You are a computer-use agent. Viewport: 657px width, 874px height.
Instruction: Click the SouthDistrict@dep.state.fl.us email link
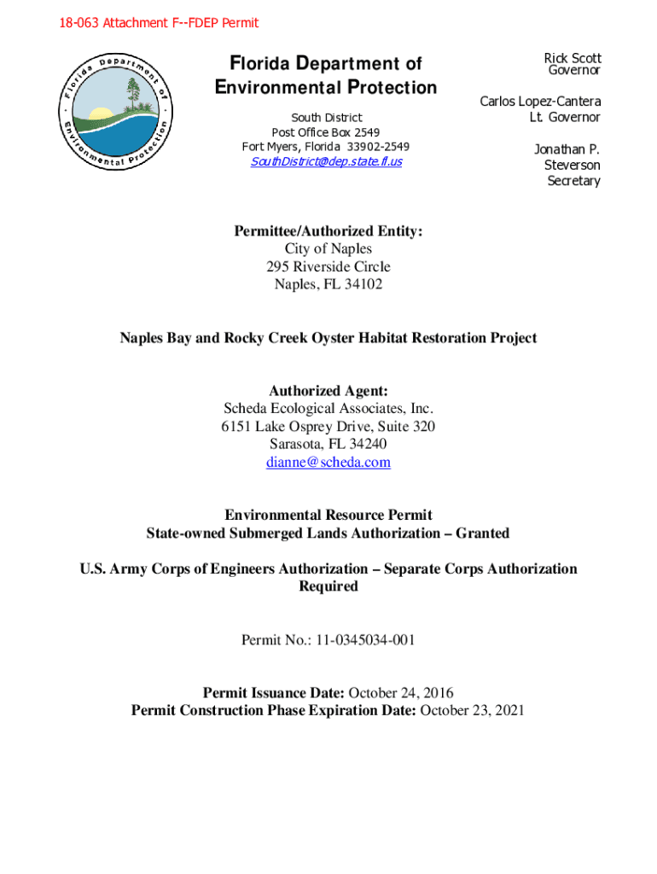(x=326, y=161)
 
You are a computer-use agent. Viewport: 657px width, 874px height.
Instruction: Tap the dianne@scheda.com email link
(x=328, y=463)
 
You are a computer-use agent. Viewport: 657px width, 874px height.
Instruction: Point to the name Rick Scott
(x=573, y=58)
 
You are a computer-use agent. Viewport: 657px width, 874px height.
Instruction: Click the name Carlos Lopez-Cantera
(x=540, y=102)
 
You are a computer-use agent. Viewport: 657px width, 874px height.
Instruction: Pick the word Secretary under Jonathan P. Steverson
(x=573, y=181)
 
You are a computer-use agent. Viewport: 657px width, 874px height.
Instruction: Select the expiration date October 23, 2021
(x=472, y=710)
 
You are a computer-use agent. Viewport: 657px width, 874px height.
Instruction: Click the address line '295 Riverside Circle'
(x=328, y=266)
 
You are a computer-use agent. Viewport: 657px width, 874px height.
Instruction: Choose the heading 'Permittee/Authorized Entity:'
(x=328, y=230)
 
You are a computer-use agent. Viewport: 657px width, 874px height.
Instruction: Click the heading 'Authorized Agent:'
(x=328, y=391)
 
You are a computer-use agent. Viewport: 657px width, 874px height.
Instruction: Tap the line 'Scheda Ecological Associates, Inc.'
(x=328, y=409)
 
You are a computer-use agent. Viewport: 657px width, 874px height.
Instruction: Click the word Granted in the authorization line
(x=482, y=533)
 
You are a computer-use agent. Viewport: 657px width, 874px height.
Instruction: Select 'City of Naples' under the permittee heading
(x=328, y=248)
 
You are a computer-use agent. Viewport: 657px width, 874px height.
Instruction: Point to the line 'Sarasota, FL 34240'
(x=328, y=445)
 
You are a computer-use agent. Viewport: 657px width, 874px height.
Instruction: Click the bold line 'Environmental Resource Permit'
(x=328, y=516)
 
